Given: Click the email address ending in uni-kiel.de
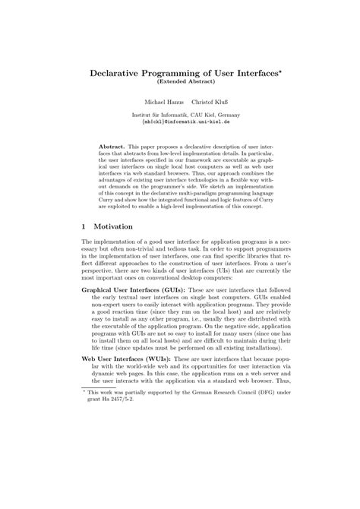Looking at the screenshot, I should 180,121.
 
